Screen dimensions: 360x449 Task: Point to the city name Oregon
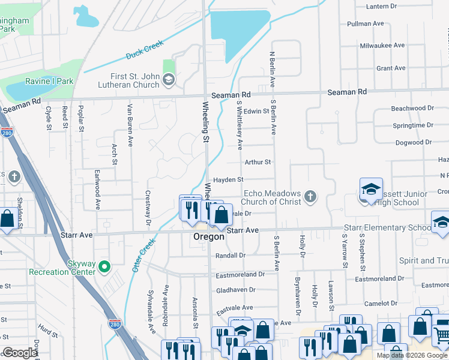point(208,237)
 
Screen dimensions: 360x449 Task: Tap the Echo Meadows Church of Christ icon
point(310,196)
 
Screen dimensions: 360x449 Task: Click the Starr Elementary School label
point(387,228)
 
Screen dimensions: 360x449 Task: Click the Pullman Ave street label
point(365,24)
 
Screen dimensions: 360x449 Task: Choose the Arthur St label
point(258,162)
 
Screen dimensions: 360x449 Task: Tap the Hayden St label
point(228,179)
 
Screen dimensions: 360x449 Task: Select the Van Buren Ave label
point(130,125)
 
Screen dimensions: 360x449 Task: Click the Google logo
point(20,353)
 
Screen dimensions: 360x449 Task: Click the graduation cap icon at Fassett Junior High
point(371,188)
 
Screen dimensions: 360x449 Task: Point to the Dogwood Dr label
point(414,143)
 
